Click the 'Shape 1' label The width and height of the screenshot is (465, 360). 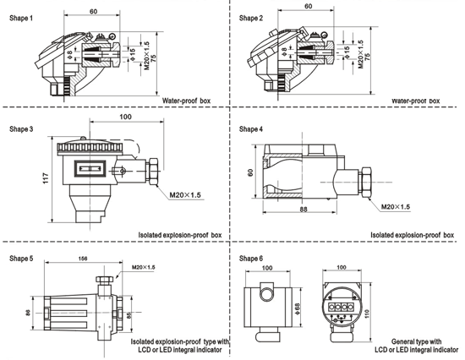[x=21, y=18]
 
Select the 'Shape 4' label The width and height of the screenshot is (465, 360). [x=251, y=129]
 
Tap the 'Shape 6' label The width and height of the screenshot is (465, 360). [x=251, y=259]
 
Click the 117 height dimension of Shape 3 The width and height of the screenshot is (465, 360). [x=46, y=178]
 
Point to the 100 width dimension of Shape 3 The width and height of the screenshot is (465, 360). [x=125, y=117]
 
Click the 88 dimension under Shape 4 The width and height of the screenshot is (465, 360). [x=303, y=209]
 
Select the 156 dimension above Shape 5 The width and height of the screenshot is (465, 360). [x=83, y=259]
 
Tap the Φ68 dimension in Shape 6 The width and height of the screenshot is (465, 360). [x=298, y=309]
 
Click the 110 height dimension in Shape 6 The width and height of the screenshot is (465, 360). [x=367, y=314]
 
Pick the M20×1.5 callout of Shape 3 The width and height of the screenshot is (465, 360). [x=185, y=195]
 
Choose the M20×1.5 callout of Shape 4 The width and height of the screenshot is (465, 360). [x=396, y=206]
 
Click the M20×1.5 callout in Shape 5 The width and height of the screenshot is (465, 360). [x=143, y=267]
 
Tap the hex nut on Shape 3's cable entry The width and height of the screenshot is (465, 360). [x=153, y=172]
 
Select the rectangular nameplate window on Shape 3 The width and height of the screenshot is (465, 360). [x=90, y=169]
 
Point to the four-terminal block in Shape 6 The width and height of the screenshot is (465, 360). [x=342, y=308]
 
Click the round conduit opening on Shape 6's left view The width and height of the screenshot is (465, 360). [x=267, y=294]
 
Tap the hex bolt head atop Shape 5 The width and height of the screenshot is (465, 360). [x=104, y=279]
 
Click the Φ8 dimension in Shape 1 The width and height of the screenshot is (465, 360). [x=69, y=54]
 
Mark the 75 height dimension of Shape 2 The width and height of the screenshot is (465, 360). [x=368, y=57]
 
